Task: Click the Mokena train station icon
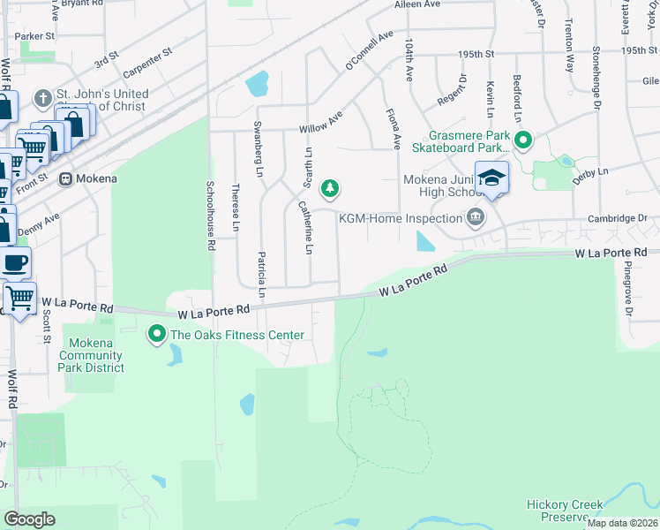pyautogui.click(x=65, y=178)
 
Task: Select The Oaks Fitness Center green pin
pyautogui.click(x=157, y=334)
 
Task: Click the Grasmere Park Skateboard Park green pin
pyautogui.click(x=522, y=140)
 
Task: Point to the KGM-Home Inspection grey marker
pyautogui.click(x=475, y=216)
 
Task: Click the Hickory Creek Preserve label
pyautogui.click(x=565, y=511)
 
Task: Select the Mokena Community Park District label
pyautogui.click(x=92, y=355)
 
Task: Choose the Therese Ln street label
pyautogui.click(x=236, y=208)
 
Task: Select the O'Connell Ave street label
pyautogui.click(x=369, y=51)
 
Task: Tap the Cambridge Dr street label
pyautogui.click(x=618, y=218)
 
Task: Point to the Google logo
pyautogui.click(x=30, y=519)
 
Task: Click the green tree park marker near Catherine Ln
pyautogui.click(x=330, y=187)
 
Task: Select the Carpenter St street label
pyautogui.click(x=144, y=64)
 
